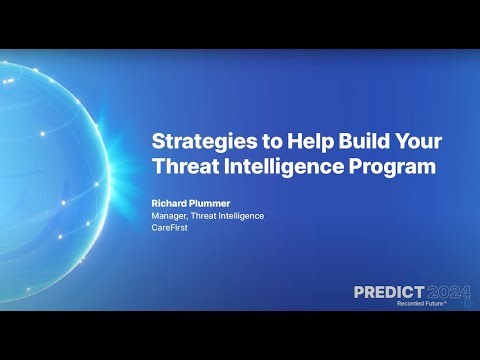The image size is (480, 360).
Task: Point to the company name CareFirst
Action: pyautogui.click(x=171, y=229)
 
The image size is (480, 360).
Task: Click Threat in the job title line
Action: pyautogui.click(x=199, y=215)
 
